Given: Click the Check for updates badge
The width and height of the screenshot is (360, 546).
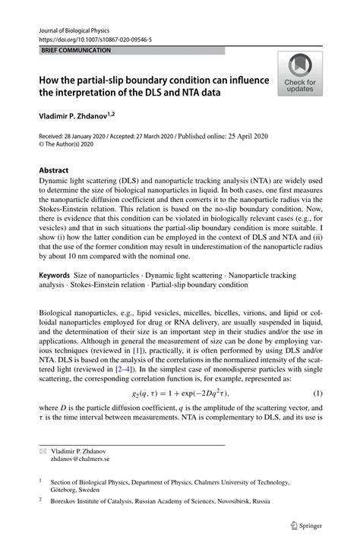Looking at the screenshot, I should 300,74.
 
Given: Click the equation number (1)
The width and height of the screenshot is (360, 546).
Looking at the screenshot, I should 317,393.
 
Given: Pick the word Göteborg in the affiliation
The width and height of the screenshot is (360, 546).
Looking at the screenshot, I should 68,490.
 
